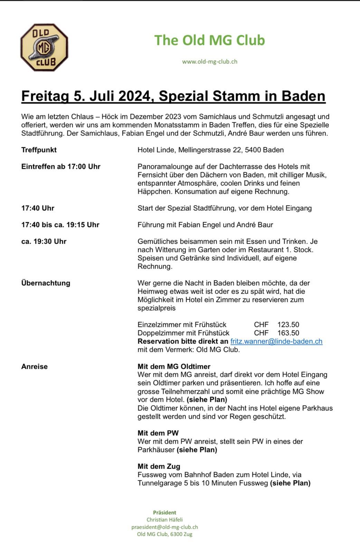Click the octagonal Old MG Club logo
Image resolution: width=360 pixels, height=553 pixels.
pyautogui.click(x=44, y=47)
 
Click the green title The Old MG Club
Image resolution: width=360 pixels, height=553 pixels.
pyautogui.click(x=209, y=40)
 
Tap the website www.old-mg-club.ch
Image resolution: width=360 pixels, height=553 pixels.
pyautogui.click(x=209, y=62)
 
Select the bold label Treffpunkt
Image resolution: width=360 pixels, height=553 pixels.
pyautogui.click(x=39, y=150)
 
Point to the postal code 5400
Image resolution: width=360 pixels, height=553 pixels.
pyautogui.click(x=253, y=150)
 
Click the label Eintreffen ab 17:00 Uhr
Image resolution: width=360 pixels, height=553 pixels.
pyautogui.click(x=61, y=166)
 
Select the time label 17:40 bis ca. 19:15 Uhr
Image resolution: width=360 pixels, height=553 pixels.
pyautogui.click(x=60, y=225)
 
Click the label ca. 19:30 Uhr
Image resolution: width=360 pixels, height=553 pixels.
pyautogui.click(x=44, y=241)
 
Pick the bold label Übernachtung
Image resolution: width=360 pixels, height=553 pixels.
pyautogui.click(x=46, y=283)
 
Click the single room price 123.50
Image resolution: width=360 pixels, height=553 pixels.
pyautogui.click(x=288, y=325)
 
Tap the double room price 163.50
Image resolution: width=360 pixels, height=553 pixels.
pyautogui.click(x=288, y=333)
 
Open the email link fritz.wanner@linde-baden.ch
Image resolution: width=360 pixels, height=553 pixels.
pyautogui.click(x=276, y=341)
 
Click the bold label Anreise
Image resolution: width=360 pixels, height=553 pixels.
pyautogui.click(x=34, y=366)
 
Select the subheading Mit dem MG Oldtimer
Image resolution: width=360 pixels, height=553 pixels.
pyautogui.click(x=174, y=366)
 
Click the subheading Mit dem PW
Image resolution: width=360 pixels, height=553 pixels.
pyautogui.click(x=158, y=433)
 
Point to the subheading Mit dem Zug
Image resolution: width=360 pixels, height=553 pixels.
pyautogui.click(x=159, y=466)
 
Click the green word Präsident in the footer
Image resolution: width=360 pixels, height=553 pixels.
pyautogui.click(x=164, y=512)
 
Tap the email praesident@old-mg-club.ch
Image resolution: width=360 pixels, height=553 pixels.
pyautogui.click(x=164, y=527)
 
